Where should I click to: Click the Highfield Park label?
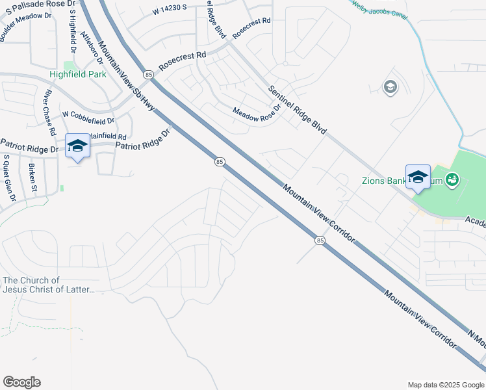point(77,75)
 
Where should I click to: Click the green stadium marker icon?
point(453,179)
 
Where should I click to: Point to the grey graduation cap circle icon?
point(390,87)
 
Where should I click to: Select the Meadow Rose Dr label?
point(257,112)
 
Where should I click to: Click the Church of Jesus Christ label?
point(49,285)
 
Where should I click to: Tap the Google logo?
point(21,382)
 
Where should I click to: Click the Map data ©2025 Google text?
point(445,385)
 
